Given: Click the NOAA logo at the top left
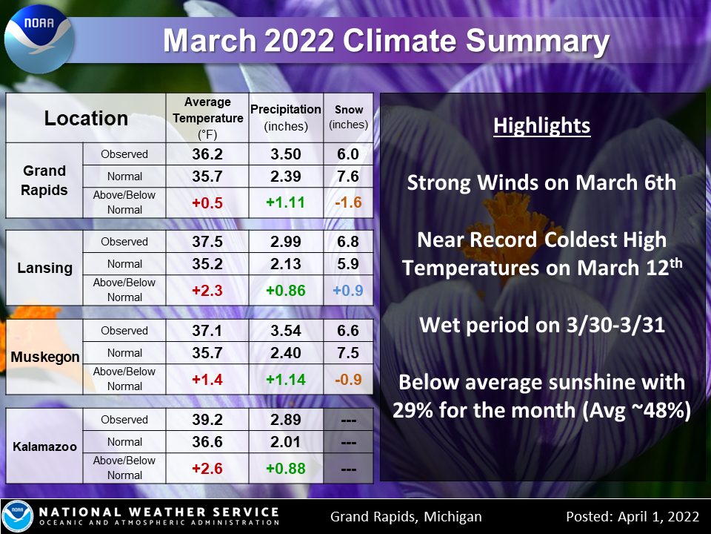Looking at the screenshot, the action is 39,39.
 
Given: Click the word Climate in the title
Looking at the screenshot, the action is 399,41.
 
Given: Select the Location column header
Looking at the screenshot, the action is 86,118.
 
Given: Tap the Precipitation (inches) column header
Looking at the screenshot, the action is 286,118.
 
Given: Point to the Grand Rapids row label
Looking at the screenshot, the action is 44,180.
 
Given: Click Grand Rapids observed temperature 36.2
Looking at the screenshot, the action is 207,154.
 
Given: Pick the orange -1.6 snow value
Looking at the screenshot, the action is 348,202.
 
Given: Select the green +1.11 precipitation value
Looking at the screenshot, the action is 286,202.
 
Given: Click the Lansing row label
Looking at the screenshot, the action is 45,268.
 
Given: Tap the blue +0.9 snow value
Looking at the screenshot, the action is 348,291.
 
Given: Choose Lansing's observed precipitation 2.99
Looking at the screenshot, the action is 286,242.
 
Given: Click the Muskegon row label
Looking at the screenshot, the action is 45,357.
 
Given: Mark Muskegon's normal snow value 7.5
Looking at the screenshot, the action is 348,353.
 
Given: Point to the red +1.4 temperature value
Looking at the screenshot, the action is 207,380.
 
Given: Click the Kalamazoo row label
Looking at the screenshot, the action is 45,446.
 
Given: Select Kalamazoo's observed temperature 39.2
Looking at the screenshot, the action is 207,420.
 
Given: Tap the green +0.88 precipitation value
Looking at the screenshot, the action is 286,469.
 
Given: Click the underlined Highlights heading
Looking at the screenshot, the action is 542,126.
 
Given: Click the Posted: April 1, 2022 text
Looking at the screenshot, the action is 632,517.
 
